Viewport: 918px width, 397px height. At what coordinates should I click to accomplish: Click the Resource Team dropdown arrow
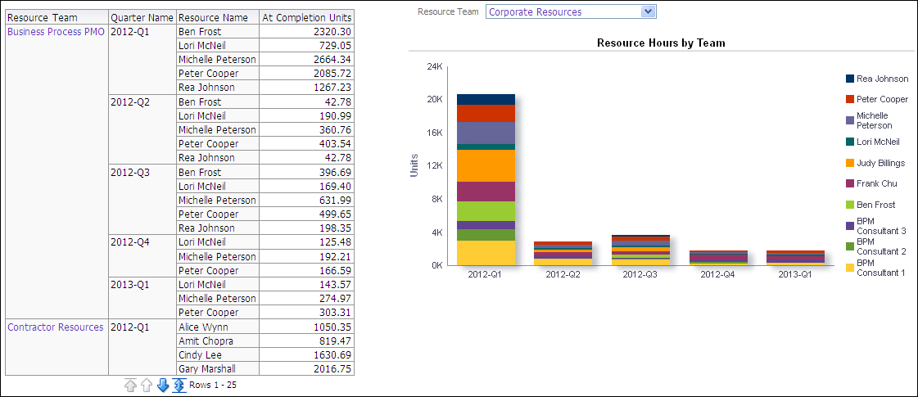click(649, 11)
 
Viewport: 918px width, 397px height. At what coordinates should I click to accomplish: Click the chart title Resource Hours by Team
click(661, 43)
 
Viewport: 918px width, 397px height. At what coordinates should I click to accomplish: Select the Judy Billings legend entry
click(880, 163)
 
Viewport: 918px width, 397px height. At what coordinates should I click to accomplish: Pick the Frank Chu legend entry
click(876, 183)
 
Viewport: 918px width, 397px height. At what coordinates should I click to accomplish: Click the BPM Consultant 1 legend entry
click(880, 268)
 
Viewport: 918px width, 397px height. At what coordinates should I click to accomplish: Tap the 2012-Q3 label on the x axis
click(640, 274)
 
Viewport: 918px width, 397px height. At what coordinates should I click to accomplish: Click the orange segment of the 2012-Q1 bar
click(486, 165)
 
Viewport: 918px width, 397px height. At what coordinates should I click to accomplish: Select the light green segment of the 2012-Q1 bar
click(486, 211)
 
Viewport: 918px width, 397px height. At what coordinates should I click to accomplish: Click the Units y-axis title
click(414, 165)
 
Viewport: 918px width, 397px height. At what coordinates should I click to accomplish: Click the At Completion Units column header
click(306, 17)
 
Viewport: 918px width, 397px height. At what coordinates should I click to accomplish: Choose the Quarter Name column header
click(142, 17)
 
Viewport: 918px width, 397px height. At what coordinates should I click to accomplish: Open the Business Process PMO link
click(56, 31)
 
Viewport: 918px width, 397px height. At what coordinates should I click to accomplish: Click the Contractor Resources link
click(56, 327)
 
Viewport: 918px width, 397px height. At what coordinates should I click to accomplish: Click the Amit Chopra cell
click(206, 341)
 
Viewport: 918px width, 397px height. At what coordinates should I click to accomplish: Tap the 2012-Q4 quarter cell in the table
click(127, 242)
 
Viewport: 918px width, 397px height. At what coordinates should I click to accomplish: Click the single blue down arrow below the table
click(162, 385)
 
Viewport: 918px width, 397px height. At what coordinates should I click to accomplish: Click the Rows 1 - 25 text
click(213, 385)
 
